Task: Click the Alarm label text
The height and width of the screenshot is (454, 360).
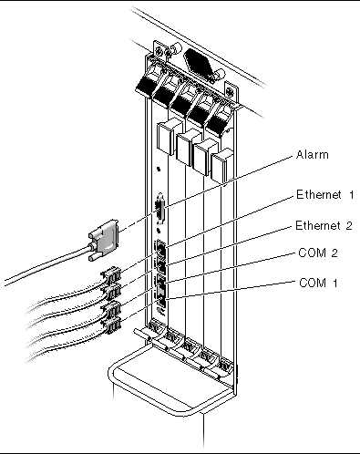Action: (x=313, y=155)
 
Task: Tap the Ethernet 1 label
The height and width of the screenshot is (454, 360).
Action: (x=325, y=195)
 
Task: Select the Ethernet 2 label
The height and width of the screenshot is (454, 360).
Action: (x=324, y=226)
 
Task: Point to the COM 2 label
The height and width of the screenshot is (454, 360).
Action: (x=318, y=253)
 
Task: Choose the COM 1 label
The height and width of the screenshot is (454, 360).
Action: (x=318, y=283)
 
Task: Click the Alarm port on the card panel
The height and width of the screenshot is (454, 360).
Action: (x=159, y=210)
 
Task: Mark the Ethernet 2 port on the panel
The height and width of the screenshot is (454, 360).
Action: (x=161, y=265)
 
